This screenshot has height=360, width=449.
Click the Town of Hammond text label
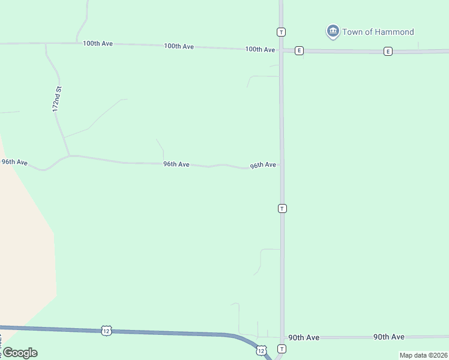[x=378, y=32]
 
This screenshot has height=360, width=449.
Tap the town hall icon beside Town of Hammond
[x=333, y=31]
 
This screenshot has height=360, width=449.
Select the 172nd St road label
[x=58, y=100]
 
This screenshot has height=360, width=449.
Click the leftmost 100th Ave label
[x=98, y=44]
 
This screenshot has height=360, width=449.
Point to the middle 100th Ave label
[x=179, y=46]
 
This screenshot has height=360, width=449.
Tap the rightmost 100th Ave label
[x=260, y=49]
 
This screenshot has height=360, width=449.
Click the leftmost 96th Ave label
[x=14, y=162]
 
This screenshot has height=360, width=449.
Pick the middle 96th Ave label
[x=176, y=164]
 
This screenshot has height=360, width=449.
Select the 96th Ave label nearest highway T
[x=263, y=165]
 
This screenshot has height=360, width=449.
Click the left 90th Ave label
[x=304, y=338]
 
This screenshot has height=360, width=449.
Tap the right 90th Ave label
[x=389, y=337]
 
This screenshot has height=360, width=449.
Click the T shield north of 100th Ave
[x=281, y=31]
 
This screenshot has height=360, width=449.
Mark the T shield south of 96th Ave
[x=282, y=208]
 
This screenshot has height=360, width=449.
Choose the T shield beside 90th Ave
[x=282, y=349]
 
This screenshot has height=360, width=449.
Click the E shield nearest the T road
[x=299, y=51]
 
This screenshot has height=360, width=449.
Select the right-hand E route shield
[x=388, y=51]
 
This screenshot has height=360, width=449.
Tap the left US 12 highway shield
[x=106, y=331]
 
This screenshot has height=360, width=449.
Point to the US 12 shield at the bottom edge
[x=261, y=350]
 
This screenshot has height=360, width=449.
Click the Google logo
[x=20, y=353]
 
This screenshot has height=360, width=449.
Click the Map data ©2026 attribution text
[x=423, y=355]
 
